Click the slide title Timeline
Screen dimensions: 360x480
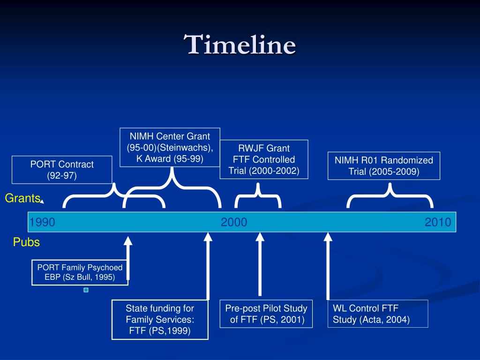pos(240,46)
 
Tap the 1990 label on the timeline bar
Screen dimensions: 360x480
pos(42,222)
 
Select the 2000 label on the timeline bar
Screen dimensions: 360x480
pos(234,222)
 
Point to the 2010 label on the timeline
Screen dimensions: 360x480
pos(438,222)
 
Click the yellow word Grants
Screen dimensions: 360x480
pos(22,198)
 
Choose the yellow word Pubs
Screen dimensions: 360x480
pos(26,242)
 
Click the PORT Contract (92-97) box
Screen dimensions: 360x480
pos(62,170)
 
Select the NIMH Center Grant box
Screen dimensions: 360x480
pos(170,147)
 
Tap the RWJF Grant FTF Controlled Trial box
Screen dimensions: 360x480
pos(264,159)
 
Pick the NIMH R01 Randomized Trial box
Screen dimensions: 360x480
pos(383,166)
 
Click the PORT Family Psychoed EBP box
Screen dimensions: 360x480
pos(80,272)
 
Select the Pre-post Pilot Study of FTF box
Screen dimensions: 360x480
pos(266,314)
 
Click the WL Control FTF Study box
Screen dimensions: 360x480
pos(377,314)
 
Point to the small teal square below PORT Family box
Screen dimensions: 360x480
pos(86,290)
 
